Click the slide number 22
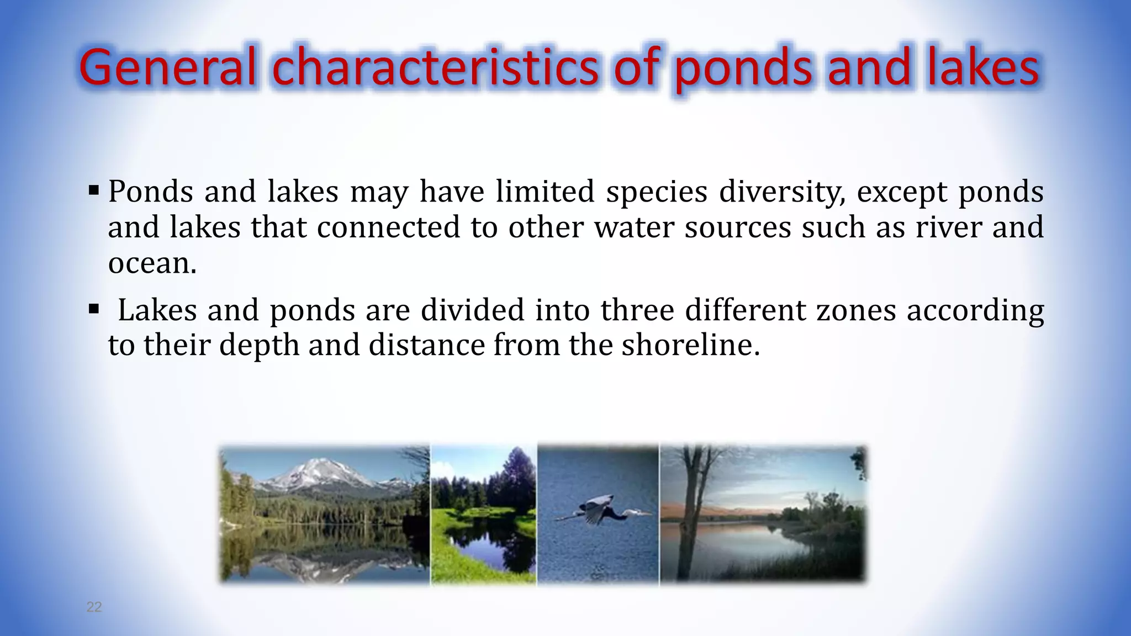click(94, 607)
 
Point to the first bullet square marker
click(93, 192)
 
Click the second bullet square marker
click(93, 309)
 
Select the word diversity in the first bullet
click(782, 192)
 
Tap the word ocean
click(152, 263)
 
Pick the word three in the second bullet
click(637, 310)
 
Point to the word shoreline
click(690, 345)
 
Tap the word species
click(657, 192)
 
